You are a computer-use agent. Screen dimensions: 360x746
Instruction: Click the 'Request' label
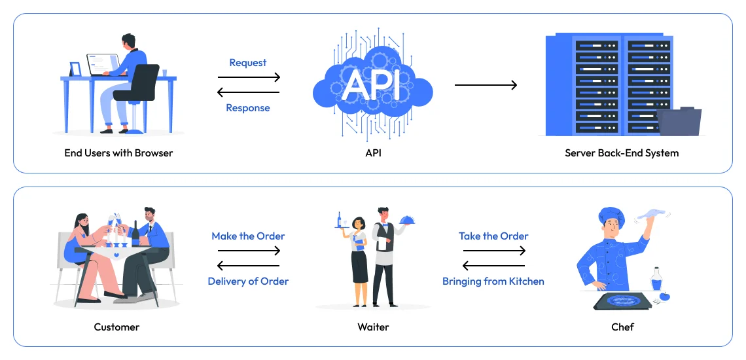pyautogui.click(x=248, y=63)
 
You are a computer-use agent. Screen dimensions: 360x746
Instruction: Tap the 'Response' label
pyautogui.click(x=248, y=108)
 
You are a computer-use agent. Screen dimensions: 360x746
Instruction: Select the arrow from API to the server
pyautogui.click(x=486, y=85)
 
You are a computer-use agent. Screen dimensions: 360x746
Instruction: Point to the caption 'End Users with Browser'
pyautogui.click(x=118, y=153)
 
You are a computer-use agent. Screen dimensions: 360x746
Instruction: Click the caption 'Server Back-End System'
pyautogui.click(x=622, y=153)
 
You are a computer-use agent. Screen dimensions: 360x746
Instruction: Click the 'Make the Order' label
pyautogui.click(x=248, y=236)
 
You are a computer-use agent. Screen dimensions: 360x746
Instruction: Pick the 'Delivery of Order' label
pyautogui.click(x=248, y=281)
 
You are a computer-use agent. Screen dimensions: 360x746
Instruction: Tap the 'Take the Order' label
pyautogui.click(x=493, y=236)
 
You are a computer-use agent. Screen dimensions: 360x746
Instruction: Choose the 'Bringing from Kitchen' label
pyautogui.click(x=493, y=281)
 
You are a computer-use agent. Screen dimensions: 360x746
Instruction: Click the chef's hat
pyautogui.click(x=611, y=215)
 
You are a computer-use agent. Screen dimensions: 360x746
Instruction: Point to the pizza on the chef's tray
pyautogui.click(x=618, y=300)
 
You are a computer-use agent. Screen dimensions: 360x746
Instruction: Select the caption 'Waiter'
pyautogui.click(x=372, y=327)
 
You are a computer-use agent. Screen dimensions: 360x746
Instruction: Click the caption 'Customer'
pyautogui.click(x=116, y=327)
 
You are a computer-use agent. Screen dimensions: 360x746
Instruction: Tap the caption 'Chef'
pyautogui.click(x=622, y=327)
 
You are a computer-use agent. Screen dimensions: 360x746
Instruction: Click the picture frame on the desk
pyautogui.click(x=75, y=69)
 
